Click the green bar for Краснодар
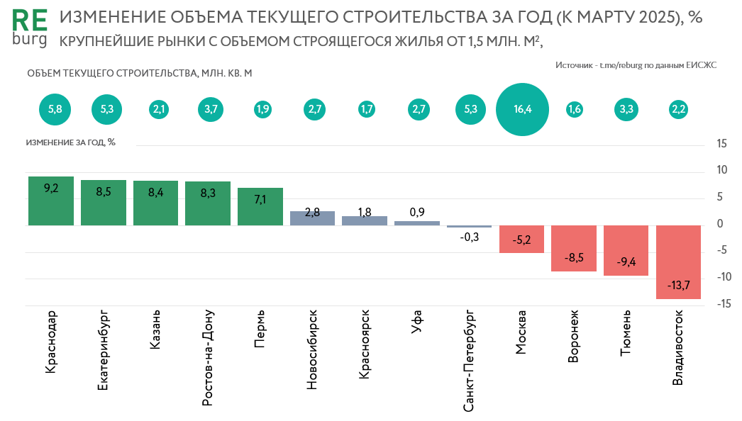(x=51, y=201)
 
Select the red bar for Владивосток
(x=679, y=262)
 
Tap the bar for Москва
(x=521, y=239)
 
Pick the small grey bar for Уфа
(x=417, y=223)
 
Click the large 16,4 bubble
(x=522, y=109)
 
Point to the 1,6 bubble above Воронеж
(x=574, y=109)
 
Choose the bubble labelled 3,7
(x=211, y=109)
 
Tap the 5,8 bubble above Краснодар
(x=55, y=109)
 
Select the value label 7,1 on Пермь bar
(x=260, y=199)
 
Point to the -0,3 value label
(x=469, y=237)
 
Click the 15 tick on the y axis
(x=722, y=144)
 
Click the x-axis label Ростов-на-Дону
(x=207, y=357)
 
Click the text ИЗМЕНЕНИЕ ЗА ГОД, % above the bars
(x=70, y=142)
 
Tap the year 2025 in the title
(x=655, y=18)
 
